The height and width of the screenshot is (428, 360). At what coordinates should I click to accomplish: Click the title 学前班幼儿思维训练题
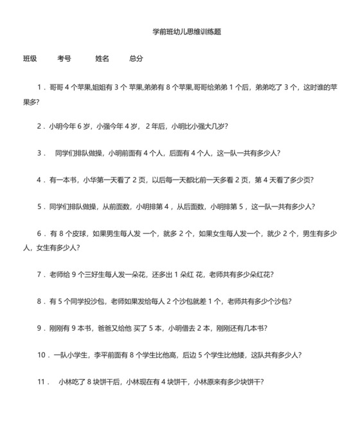click(187, 31)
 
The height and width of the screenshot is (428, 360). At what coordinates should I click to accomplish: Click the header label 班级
click(30, 59)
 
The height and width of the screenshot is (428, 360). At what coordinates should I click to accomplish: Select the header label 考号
click(64, 59)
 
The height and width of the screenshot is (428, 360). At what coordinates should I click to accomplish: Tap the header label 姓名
click(102, 59)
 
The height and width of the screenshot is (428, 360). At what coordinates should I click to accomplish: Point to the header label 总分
click(136, 59)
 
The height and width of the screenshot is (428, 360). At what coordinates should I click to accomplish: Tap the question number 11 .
click(42, 382)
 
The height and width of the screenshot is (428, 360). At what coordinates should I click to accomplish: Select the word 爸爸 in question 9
click(104, 328)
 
